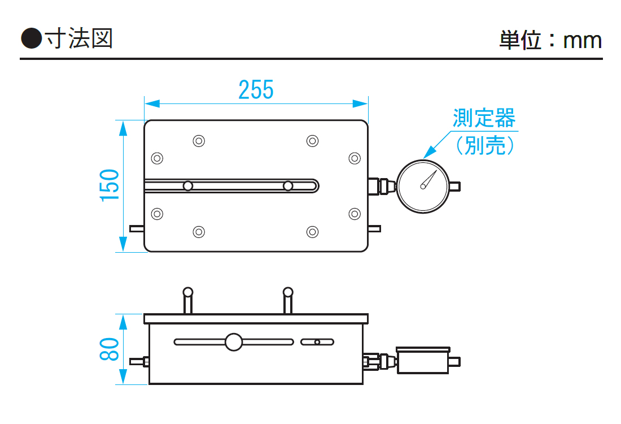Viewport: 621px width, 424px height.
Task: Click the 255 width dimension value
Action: [x=256, y=90]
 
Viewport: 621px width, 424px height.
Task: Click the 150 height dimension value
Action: [x=110, y=185]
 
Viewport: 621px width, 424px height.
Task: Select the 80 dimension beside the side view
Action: [x=110, y=349]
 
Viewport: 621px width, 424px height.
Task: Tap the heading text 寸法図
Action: [x=80, y=38]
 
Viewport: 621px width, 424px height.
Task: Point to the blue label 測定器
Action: [x=484, y=119]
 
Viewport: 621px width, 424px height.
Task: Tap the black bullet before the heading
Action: [x=32, y=38]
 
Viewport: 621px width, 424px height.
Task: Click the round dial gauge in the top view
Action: [x=422, y=186]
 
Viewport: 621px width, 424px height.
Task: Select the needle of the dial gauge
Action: [x=429, y=179]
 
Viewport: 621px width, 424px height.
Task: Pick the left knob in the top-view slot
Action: [x=188, y=186]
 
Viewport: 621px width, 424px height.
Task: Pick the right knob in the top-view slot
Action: [x=288, y=186]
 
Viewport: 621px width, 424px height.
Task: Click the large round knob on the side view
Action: [x=233, y=342]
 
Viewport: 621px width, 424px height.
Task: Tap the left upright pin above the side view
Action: [x=188, y=300]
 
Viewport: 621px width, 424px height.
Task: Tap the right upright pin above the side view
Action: [x=288, y=300]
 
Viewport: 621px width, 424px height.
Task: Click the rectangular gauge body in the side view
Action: [x=423, y=361]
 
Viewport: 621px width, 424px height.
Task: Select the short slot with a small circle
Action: [x=317, y=342]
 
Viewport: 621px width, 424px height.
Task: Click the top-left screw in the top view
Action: [x=198, y=141]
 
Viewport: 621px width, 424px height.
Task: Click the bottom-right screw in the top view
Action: [x=312, y=232]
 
